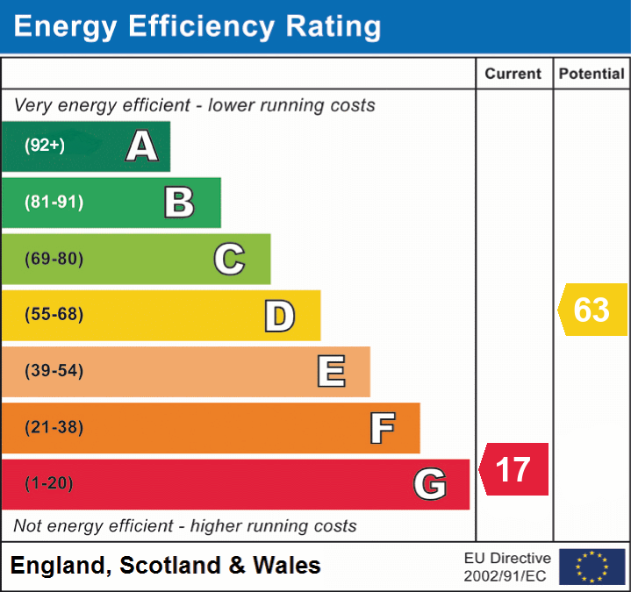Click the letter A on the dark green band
[x=142, y=146]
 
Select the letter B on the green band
[x=179, y=203]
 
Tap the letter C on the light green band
[x=229, y=259]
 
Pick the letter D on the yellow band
[x=279, y=316]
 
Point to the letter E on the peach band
[x=331, y=371]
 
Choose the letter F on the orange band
[x=382, y=428]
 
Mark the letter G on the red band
[x=430, y=484]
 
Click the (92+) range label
[x=45, y=146]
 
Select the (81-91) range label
[x=54, y=203]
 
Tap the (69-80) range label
[x=54, y=259]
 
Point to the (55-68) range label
[x=54, y=315]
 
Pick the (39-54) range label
[x=54, y=371]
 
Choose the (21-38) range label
[x=54, y=428]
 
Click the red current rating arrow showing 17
[x=514, y=469]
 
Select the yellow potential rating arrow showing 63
[x=592, y=310]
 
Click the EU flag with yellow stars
[x=592, y=567]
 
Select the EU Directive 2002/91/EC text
[x=507, y=567]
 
